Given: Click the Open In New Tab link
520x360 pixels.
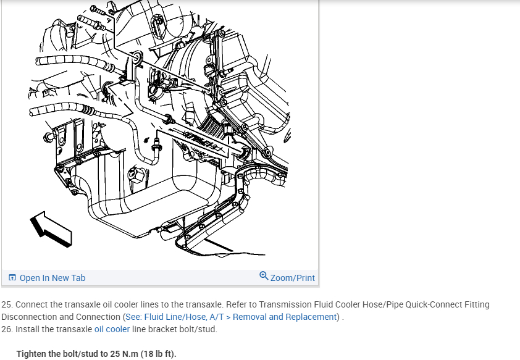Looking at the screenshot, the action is pos(52,278).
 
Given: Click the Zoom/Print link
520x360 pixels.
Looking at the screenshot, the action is pos(292,278).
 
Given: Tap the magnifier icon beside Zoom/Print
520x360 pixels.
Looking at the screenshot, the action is pos(264,276).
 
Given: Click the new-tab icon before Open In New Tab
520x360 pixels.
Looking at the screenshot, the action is pos(12,278).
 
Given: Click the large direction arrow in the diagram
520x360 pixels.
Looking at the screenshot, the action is pos(51,228).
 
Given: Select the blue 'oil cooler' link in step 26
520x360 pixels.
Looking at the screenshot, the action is pos(112,329).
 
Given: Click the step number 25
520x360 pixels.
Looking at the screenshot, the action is pos(7,304).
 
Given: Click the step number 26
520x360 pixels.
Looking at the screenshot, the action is pos(7,329).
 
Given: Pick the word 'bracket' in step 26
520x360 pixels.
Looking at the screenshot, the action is pos(167,329).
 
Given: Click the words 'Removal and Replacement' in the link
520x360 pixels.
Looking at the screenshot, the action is pos(286,317).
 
